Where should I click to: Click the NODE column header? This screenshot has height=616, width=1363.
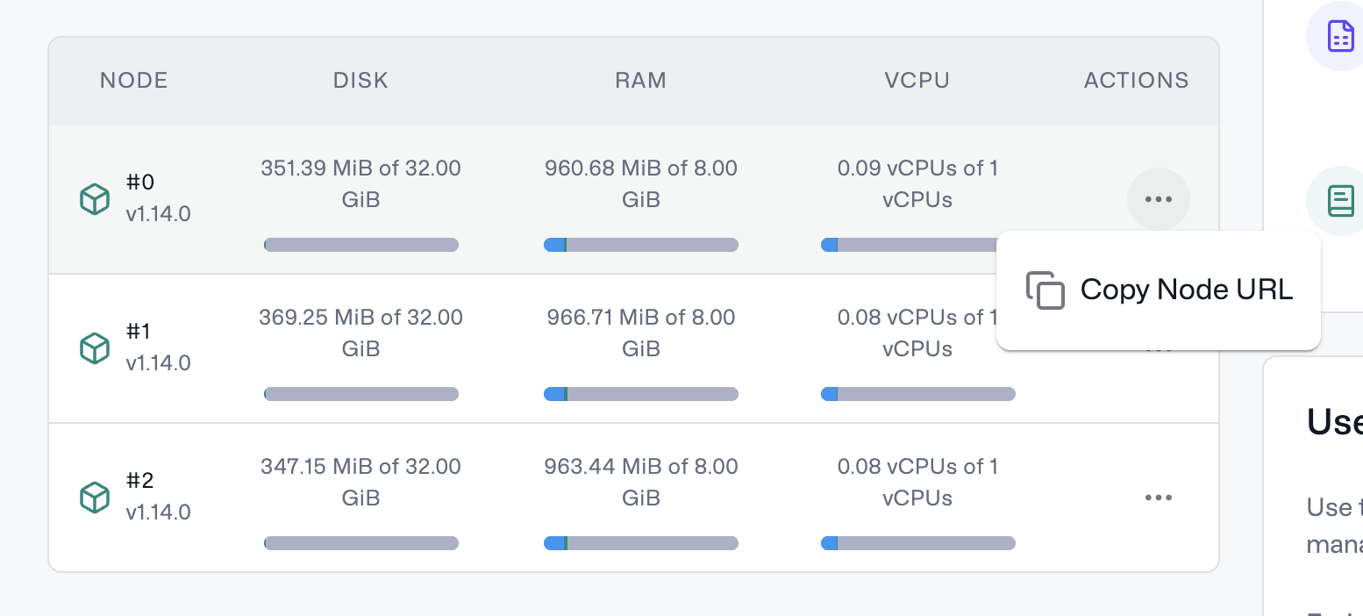pos(133,81)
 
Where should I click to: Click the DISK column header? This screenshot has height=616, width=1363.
pos(360,81)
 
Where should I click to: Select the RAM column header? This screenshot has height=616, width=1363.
pos(640,81)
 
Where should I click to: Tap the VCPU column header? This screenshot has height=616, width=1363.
pos(917,81)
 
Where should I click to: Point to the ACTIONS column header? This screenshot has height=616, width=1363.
pos(1136,81)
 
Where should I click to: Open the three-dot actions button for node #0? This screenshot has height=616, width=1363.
pos(1158,199)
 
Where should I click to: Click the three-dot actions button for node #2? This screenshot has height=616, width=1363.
pos(1158,498)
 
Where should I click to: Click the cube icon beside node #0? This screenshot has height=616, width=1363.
pos(94,199)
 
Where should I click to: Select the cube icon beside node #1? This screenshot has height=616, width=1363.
pos(94,348)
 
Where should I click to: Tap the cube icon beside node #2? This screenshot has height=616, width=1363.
pos(94,498)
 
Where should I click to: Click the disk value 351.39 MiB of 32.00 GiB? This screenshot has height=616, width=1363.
pos(360,183)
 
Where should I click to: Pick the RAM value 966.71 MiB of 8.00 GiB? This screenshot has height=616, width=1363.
pos(640,333)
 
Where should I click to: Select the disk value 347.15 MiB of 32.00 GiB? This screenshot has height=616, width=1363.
pos(360,482)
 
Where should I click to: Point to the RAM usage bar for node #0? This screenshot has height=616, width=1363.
pos(640,245)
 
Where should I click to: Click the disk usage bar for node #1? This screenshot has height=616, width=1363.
pos(360,394)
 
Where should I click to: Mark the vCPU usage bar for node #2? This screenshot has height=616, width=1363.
pos(917,543)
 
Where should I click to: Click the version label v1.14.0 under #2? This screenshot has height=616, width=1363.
pos(158,512)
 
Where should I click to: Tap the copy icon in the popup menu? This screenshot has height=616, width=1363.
pos(1045,290)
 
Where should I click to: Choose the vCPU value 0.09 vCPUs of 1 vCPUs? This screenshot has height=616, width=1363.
pos(917,183)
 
